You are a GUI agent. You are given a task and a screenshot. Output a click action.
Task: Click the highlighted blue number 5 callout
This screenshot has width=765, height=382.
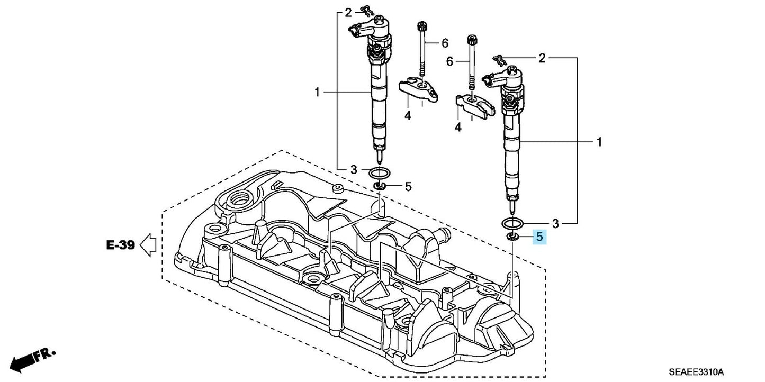point(539,237)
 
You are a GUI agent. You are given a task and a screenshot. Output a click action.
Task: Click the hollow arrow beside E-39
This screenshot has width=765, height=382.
point(147,244)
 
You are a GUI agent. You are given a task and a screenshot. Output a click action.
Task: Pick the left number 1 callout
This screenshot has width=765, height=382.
point(317,93)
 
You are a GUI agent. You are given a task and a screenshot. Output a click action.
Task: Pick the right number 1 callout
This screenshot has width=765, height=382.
point(599,142)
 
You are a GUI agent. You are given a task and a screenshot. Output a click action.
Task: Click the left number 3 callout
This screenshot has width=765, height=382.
point(353,170)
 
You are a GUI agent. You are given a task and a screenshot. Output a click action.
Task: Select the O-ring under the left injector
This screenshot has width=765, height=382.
point(379,172)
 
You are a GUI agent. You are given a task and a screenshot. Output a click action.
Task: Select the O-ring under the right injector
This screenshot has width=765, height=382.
point(512,223)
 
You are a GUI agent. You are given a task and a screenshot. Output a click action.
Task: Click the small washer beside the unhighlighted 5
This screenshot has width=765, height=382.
point(379,186)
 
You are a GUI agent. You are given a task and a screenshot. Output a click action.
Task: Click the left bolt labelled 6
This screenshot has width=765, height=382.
point(422,51)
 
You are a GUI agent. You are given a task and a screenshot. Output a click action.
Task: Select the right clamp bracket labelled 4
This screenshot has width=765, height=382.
point(475,105)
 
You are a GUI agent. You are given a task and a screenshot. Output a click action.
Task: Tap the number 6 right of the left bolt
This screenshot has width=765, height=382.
point(445,42)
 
